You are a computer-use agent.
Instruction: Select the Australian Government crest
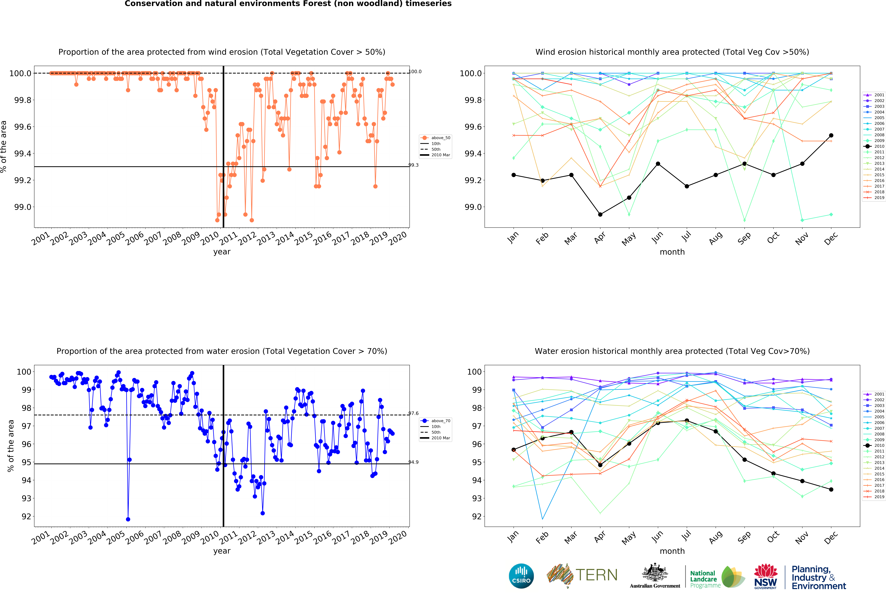(x=655, y=572)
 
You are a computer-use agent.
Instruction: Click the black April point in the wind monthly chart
(x=600, y=214)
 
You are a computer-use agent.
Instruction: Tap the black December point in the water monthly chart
(x=831, y=489)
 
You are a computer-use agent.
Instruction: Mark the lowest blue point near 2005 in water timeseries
(x=128, y=519)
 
